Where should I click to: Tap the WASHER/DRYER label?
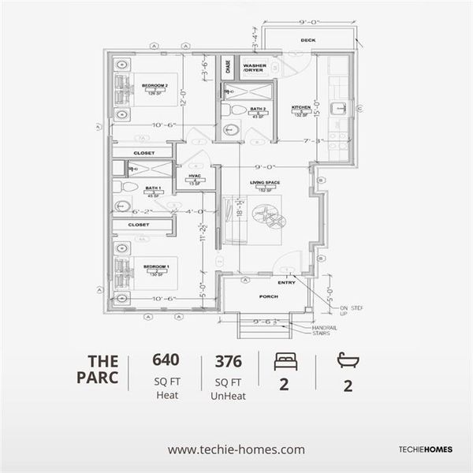point(255,68)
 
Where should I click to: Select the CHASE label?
point(227,68)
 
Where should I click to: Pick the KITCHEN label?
point(301,107)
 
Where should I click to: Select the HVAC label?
point(194,176)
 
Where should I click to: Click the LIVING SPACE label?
point(266,183)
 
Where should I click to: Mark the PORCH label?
point(268,297)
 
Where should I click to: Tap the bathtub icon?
point(348,360)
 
